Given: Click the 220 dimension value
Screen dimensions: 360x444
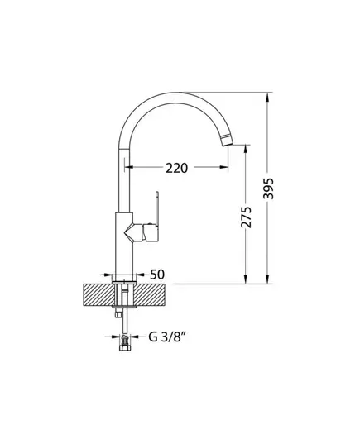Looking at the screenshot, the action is point(176,168).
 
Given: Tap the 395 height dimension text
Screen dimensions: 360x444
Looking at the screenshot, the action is point(268,189).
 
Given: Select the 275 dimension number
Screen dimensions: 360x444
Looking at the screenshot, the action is point(246,217).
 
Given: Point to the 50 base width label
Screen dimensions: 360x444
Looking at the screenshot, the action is point(157,275).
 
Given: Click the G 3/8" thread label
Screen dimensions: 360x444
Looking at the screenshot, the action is point(167,337).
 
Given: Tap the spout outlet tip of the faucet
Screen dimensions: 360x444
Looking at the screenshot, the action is point(227,141).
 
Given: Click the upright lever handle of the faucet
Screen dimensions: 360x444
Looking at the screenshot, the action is point(156,208).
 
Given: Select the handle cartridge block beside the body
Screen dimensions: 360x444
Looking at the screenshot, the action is point(151,233).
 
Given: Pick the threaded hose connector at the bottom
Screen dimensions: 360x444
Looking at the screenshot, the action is point(124,342).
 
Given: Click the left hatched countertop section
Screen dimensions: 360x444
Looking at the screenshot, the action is point(99,295).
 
